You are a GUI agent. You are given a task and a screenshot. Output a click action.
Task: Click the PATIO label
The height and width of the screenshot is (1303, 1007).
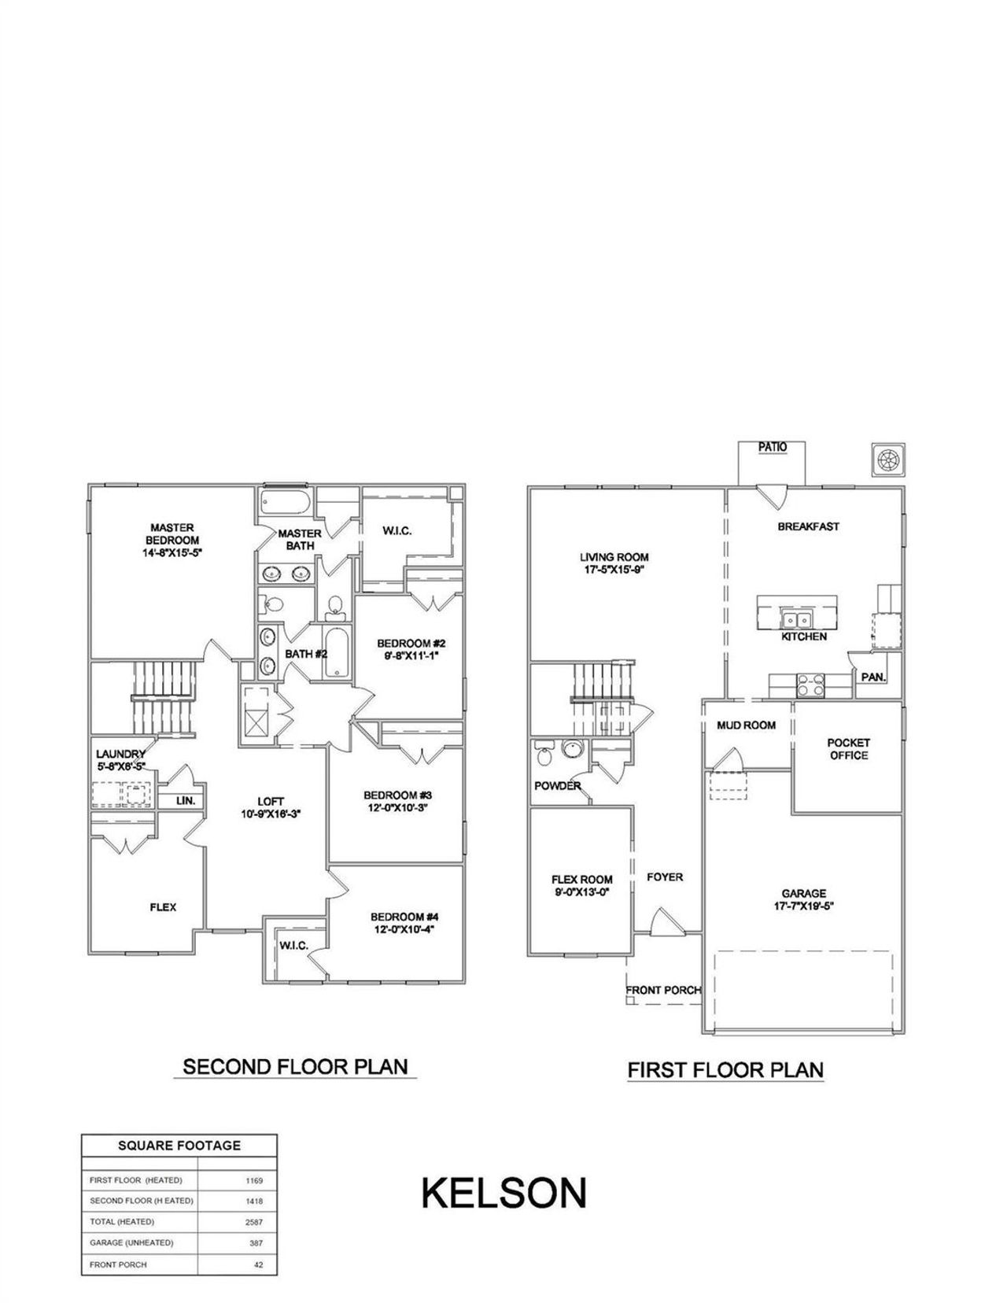click(x=772, y=447)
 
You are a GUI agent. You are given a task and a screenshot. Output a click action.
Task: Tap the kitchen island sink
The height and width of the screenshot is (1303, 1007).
click(x=795, y=619)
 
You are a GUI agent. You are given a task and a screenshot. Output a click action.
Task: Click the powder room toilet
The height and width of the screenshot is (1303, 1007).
click(x=543, y=758)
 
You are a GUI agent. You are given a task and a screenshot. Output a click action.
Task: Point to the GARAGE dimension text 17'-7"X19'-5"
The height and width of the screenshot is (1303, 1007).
click(x=803, y=906)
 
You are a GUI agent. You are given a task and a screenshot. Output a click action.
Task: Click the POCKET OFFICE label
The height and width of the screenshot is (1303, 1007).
click(x=848, y=749)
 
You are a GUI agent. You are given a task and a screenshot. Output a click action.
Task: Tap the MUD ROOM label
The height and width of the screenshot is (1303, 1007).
click(x=746, y=725)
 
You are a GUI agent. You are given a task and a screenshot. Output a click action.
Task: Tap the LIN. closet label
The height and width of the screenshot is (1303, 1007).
click(x=186, y=801)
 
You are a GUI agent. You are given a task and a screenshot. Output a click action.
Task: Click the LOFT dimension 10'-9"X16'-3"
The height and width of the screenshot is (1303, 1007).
click(x=271, y=815)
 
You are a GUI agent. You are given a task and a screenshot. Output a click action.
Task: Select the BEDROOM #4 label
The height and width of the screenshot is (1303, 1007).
click(x=404, y=917)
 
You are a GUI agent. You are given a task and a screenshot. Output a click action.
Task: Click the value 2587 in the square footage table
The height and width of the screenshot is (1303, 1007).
click(x=253, y=1222)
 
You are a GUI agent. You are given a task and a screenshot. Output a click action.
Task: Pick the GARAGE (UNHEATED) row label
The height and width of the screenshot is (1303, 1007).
click(x=131, y=1243)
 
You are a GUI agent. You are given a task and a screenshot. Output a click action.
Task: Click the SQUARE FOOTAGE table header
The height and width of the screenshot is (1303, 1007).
click(x=179, y=1146)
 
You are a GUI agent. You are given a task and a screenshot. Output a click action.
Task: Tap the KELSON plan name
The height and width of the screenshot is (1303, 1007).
click(x=503, y=1193)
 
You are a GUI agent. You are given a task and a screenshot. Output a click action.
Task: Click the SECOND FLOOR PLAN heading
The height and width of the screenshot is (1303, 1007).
click(x=295, y=1067)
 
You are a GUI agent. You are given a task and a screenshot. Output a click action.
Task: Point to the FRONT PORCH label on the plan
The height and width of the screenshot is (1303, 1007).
click(x=662, y=990)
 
